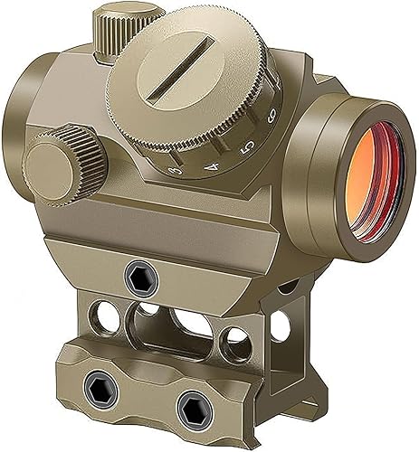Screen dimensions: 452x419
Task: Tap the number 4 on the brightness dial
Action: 214,165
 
